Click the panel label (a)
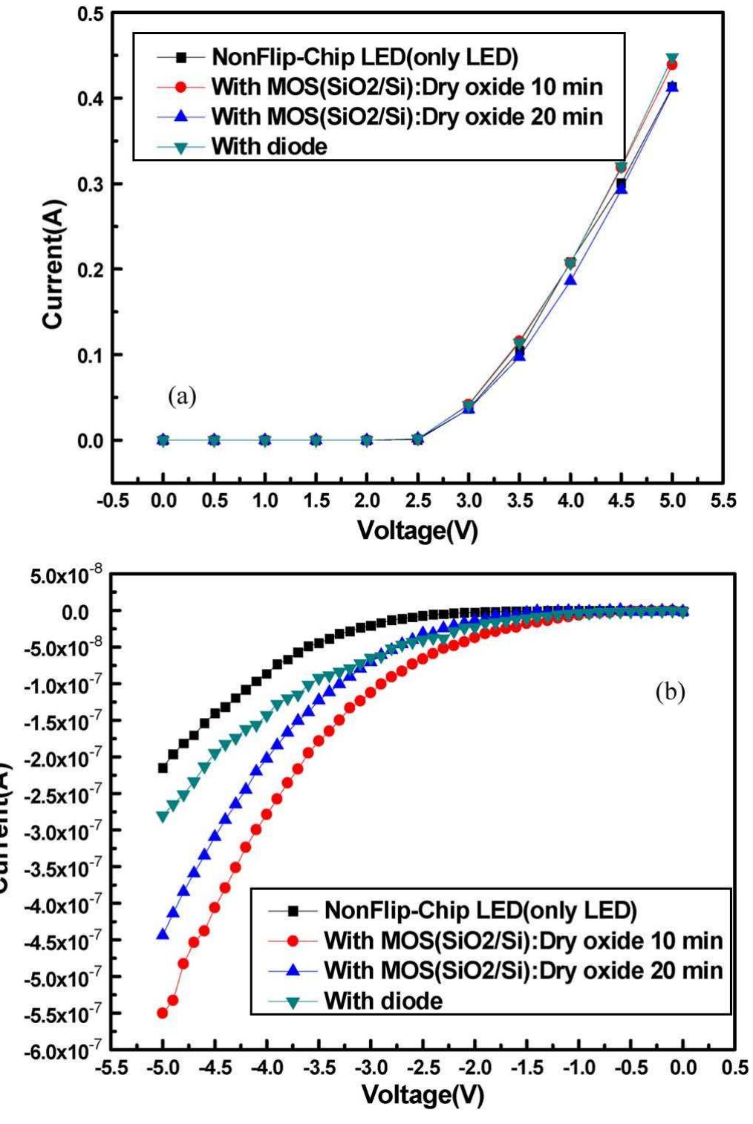click(x=182, y=397)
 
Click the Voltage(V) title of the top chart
click(x=417, y=530)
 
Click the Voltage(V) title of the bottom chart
click(x=423, y=1094)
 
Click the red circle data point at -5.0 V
click(x=163, y=1013)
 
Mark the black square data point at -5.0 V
click(x=163, y=768)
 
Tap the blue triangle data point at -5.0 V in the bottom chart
click(x=163, y=935)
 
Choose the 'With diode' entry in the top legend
click(x=269, y=146)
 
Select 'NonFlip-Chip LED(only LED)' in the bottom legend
click(x=480, y=910)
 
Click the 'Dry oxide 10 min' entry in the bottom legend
click(x=523, y=941)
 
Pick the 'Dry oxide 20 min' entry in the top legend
click(x=407, y=117)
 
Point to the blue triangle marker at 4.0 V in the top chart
click(x=570, y=280)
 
